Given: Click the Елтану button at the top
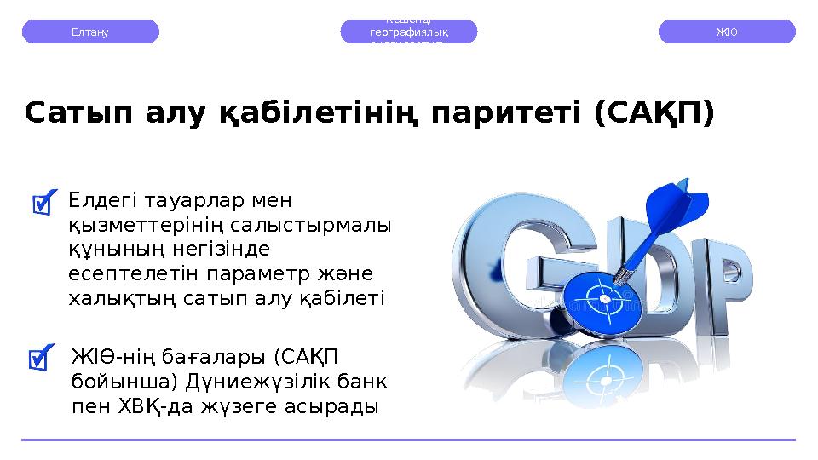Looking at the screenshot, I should tap(89, 32).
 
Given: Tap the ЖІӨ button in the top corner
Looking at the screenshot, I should tap(727, 32).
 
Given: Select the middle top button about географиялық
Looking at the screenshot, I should tap(409, 32).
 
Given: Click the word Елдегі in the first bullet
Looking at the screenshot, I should tap(100, 201).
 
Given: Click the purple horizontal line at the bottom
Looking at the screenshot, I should tap(409, 440).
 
